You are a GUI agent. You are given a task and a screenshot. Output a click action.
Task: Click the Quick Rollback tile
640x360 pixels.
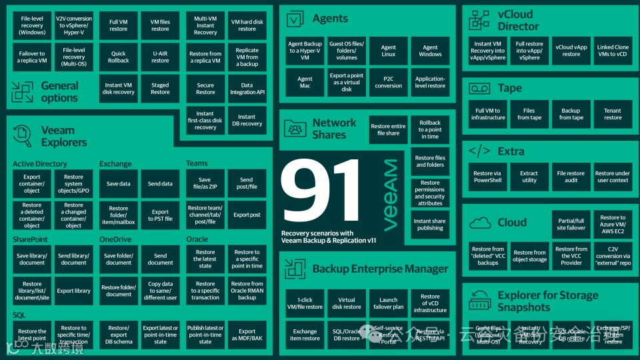pyautogui.click(x=118, y=57)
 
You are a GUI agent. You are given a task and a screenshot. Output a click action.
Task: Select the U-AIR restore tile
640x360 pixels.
pyautogui.click(x=160, y=57)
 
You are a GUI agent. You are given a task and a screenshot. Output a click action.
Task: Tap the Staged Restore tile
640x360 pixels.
pyautogui.click(x=160, y=89)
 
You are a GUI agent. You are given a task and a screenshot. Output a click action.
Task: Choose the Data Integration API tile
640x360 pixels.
pyautogui.click(x=247, y=89)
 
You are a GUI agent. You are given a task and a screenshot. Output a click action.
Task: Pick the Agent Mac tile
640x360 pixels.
pyautogui.click(x=305, y=82)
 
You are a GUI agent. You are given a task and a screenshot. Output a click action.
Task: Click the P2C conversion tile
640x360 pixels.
pyautogui.click(x=389, y=82)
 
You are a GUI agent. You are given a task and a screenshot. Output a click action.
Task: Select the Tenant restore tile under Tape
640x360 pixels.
pyautogui.click(x=613, y=114)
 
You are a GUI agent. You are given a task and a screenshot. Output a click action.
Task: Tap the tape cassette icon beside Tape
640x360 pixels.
pyautogui.click(x=479, y=88)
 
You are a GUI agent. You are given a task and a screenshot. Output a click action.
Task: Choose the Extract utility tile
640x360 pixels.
pyautogui.click(x=529, y=177)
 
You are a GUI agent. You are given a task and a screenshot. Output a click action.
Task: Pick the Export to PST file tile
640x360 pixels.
pyautogui.click(x=160, y=215)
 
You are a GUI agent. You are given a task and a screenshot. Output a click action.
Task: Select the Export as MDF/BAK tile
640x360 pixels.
pyautogui.click(x=247, y=335)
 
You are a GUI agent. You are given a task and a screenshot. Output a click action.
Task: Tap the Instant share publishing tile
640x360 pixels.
pyautogui.click(x=430, y=225)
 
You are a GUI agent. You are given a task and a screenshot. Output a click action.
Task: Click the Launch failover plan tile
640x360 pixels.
pyautogui.click(x=389, y=303)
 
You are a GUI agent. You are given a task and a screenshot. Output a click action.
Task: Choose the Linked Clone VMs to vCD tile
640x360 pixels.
pyautogui.click(x=613, y=50)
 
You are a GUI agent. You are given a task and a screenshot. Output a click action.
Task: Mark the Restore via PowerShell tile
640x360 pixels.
pyautogui.click(x=488, y=177)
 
